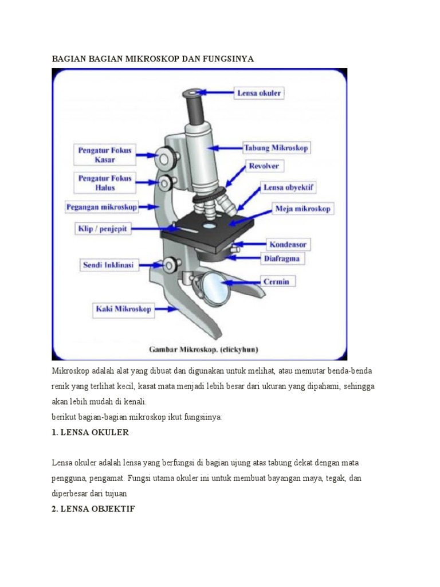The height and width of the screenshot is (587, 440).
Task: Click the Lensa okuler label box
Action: coord(259,92)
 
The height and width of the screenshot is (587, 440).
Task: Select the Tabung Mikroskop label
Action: coord(276,148)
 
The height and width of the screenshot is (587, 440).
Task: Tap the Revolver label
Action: coord(264,166)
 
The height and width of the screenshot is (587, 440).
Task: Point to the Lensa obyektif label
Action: coord(289,187)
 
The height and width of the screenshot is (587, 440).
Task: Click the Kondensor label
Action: coord(288,244)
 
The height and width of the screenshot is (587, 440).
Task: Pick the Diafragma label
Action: coord(284,259)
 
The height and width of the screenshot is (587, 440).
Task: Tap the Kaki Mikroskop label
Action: coord(123,309)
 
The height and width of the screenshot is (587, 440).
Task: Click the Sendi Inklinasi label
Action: coord(108,265)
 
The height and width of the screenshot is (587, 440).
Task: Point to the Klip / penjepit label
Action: coord(104,229)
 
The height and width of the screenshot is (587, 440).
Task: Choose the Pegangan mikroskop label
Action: coord(102,206)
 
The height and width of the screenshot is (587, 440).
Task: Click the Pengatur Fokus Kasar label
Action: coord(105,155)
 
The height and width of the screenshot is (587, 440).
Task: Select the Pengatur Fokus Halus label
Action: coord(105,183)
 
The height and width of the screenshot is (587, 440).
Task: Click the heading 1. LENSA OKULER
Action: coord(90,433)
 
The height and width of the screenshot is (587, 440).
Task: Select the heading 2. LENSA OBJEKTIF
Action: coord(93,508)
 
